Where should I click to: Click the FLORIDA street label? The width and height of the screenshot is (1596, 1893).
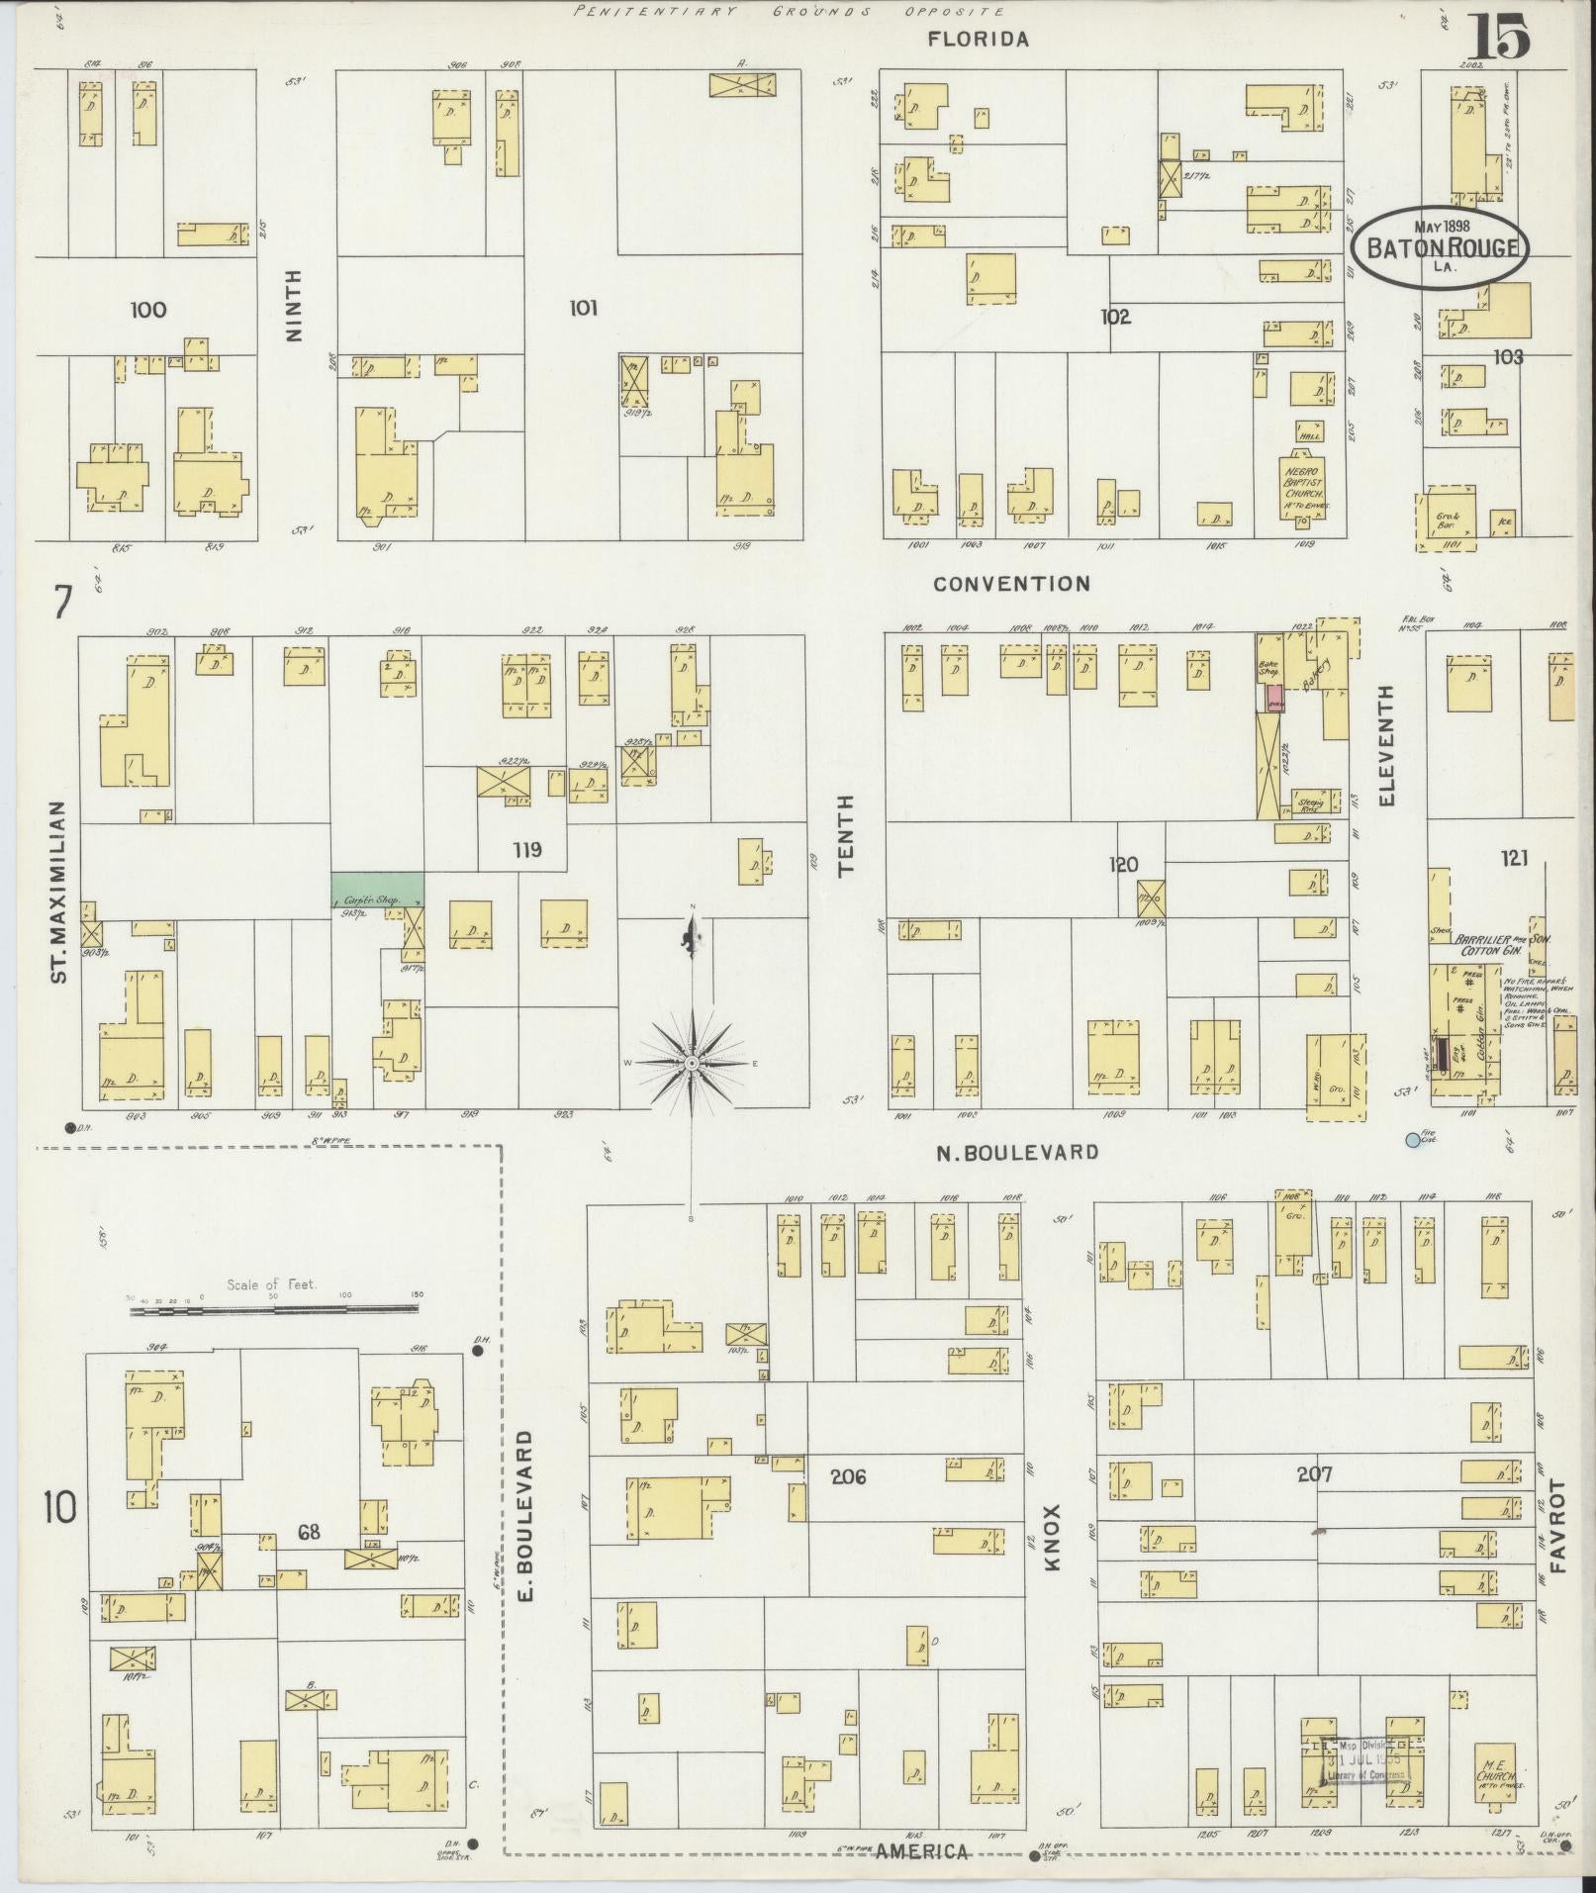(979, 40)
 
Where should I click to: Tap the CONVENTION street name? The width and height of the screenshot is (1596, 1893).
(1011, 584)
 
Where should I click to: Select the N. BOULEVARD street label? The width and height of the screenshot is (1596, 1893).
(1017, 1152)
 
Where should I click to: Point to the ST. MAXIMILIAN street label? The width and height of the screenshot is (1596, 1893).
(58, 892)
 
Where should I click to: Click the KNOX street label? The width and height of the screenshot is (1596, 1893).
(1052, 1566)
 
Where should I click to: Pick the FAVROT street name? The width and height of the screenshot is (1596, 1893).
(1559, 1554)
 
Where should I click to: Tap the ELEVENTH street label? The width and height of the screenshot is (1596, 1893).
(1386, 744)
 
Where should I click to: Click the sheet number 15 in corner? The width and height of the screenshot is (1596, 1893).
(1502, 38)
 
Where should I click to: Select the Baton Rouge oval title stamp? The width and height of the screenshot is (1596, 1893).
(1441, 247)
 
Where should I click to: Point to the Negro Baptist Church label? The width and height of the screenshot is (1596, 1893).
(1303, 485)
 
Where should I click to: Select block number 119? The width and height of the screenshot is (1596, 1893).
(527, 849)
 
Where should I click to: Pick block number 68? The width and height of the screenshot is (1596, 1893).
(309, 1532)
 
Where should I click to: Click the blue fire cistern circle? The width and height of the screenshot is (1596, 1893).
(1413, 1140)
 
